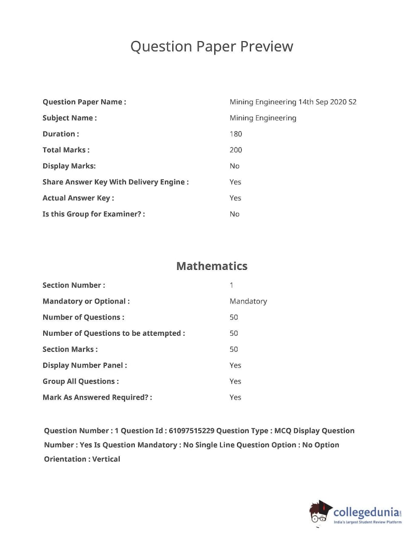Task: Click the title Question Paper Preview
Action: pyautogui.click(x=212, y=47)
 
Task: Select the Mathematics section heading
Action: pyautogui.click(x=212, y=266)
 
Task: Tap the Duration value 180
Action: pyautogui.click(x=236, y=134)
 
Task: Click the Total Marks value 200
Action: pyautogui.click(x=236, y=150)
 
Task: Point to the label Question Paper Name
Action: pyautogui.click(x=84, y=102)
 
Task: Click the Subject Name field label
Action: pyautogui.click(x=69, y=118)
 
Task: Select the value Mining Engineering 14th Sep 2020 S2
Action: pyautogui.click(x=293, y=102)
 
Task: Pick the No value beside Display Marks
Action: pyautogui.click(x=234, y=166)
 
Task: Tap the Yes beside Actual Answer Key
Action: pyautogui.click(x=235, y=198)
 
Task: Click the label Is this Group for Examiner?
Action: pyautogui.click(x=93, y=214)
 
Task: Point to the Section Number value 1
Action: pyautogui.click(x=231, y=285)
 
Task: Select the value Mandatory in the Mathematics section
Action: pyautogui.click(x=248, y=301)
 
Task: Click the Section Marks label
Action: pyautogui.click(x=70, y=349)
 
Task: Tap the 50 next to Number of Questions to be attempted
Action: pyautogui.click(x=233, y=333)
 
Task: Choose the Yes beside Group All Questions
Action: pyautogui.click(x=235, y=381)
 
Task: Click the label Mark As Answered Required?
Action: pyautogui.click(x=97, y=397)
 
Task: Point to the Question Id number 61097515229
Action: pyautogui.click(x=191, y=431)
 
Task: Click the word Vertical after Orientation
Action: pyautogui.click(x=106, y=459)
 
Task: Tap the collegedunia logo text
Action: pyautogui.click(x=366, y=512)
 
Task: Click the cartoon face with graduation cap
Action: pyautogui.click(x=320, y=513)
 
